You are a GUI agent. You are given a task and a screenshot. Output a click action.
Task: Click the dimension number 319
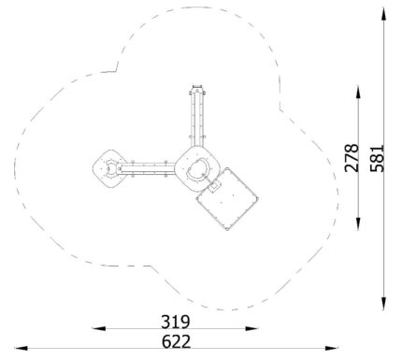176,322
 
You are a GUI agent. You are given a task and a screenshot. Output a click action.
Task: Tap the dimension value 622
176,341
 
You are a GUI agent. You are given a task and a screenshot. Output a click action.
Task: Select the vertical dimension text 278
352,158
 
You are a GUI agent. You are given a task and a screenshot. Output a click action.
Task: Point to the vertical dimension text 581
377,158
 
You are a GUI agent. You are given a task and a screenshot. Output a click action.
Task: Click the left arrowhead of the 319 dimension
98,328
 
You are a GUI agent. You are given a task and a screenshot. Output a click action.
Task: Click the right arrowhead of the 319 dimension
252,328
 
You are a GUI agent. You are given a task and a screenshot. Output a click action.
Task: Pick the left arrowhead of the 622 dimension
22,348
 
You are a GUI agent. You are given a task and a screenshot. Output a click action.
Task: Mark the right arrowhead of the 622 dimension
331,348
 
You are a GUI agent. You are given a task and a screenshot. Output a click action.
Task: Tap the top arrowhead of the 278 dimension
358,93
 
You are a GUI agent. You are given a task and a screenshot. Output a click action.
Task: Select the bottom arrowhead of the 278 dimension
358,223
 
